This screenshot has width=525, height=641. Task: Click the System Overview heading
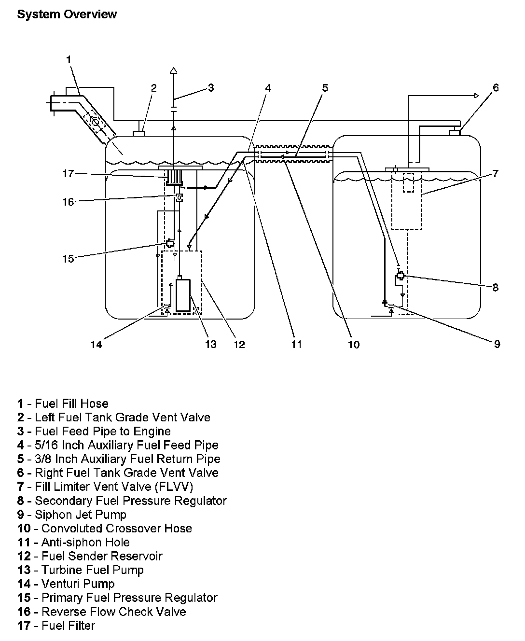(67, 14)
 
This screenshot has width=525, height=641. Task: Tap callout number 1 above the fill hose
(69, 60)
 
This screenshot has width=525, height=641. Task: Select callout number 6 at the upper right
(496, 88)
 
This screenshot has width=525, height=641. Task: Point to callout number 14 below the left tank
(96, 344)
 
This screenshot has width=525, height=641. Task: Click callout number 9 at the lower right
(497, 344)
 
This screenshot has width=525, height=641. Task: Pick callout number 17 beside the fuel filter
(68, 173)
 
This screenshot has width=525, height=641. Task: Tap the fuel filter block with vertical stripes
(174, 178)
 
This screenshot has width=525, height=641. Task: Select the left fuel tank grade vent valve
(140, 132)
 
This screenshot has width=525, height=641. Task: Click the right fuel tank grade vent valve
(455, 132)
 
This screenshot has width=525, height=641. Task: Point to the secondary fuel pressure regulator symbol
(400, 277)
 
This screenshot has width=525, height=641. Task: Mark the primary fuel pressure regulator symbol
(170, 243)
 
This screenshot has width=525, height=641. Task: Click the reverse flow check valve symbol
(179, 197)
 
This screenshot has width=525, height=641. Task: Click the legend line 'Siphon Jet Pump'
(80, 515)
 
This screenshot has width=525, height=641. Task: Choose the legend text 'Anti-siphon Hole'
(85, 543)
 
